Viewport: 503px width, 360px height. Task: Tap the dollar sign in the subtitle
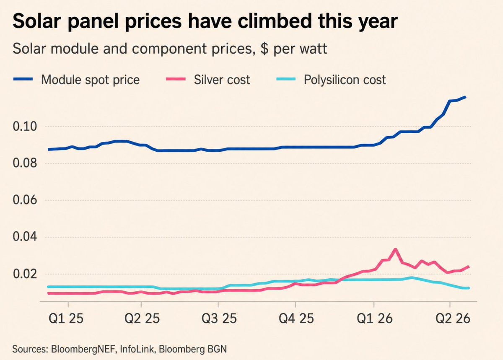point(264,49)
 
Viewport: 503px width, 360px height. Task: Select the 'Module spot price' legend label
point(90,80)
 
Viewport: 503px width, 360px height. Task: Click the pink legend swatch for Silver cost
point(176,79)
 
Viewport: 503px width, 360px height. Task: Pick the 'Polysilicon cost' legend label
point(345,80)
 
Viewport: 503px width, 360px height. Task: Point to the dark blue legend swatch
point(23,79)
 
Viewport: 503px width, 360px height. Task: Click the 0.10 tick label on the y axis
point(25,127)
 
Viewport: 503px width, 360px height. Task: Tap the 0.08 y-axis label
point(25,163)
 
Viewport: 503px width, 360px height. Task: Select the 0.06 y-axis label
point(25,200)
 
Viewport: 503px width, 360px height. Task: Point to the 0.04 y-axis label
point(25,237)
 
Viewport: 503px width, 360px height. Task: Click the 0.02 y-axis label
point(25,274)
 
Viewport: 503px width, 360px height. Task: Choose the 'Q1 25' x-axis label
point(66,319)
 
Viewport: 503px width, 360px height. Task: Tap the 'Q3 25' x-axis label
point(219,319)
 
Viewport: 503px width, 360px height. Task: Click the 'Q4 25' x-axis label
point(296,319)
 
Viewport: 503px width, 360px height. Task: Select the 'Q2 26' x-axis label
point(453,319)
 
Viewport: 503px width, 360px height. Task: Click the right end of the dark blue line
point(465,97)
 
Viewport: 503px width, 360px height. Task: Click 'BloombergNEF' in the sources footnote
point(84,349)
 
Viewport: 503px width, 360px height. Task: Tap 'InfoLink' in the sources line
point(137,349)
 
